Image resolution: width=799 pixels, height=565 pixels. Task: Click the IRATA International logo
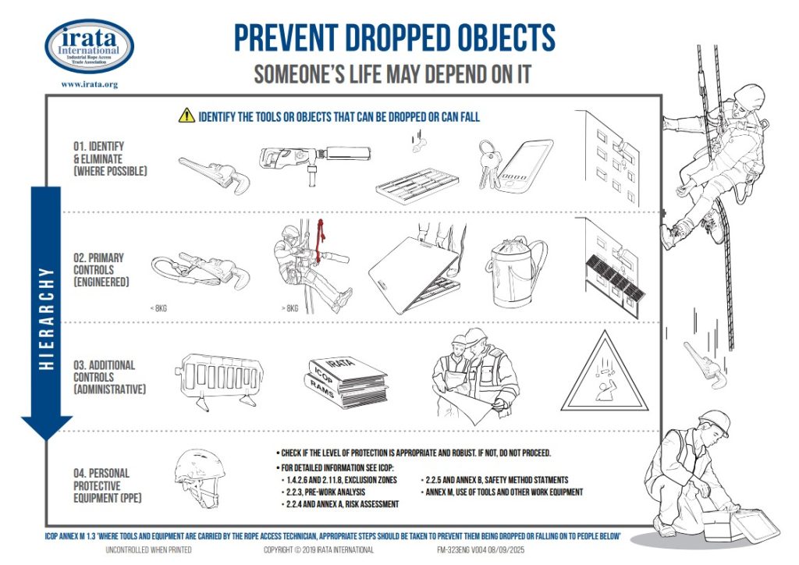[x=89, y=45]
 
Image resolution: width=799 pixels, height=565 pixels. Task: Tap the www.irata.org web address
[x=89, y=84]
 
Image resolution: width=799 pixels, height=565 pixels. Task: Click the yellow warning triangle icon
[x=186, y=116]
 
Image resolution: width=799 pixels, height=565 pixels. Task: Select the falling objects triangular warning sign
[x=605, y=374]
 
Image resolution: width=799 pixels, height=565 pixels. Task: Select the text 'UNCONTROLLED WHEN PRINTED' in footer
[x=148, y=550]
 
